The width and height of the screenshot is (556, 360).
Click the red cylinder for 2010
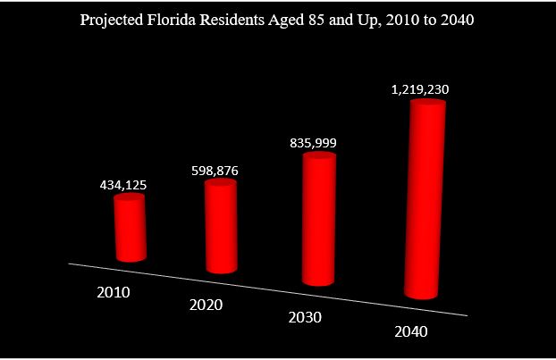[131, 228]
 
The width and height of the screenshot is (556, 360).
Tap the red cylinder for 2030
[318, 219]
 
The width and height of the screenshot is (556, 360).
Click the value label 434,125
[122, 185]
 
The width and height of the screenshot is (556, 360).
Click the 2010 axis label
[114, 292]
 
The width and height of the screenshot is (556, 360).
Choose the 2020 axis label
[206, 305]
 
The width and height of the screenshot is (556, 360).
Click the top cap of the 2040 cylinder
[427, 105]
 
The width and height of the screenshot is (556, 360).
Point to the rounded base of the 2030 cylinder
[316, 280]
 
